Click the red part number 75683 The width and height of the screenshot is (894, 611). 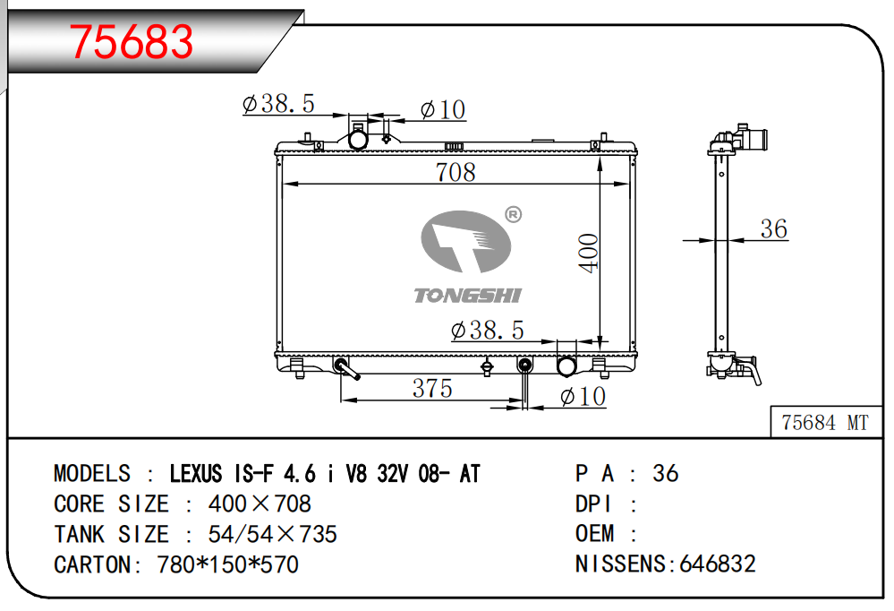[132, 42]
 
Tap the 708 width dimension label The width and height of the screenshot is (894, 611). [455, 172]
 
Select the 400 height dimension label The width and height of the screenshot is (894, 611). [589, 253]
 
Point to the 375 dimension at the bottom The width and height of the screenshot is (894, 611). [432, 388]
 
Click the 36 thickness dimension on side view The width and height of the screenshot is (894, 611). [774, 228]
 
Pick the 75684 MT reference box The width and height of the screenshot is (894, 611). [825, 423]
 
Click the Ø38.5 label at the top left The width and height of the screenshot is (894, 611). [278, 104]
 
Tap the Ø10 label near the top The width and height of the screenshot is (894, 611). [443, 109]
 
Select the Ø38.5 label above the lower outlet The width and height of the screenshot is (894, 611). [487, 330]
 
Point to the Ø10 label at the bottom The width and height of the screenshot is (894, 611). [583, 396]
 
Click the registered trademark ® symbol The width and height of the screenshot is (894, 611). [513, 214]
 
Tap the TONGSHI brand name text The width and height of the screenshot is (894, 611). [467, 296]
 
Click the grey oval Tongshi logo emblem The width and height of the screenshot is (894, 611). [466, 241]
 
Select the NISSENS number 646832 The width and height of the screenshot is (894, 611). [717, 564]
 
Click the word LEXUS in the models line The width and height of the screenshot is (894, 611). [196, 473]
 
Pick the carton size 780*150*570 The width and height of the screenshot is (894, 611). [227, 564]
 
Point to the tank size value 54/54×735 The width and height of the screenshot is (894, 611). [273, 535]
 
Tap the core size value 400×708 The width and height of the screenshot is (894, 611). [260, 503]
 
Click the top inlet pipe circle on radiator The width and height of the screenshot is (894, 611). [358, 140]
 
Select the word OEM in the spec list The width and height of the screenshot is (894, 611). [595, 533]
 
